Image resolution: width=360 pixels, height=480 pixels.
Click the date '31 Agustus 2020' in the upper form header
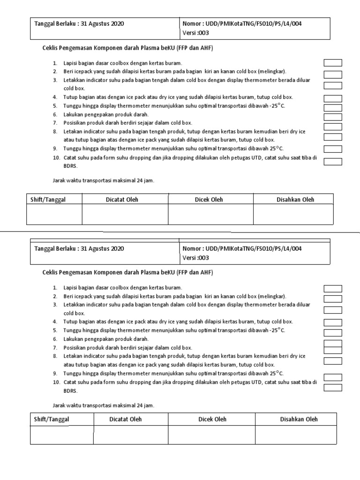pyautogui.click(x=103, y=23)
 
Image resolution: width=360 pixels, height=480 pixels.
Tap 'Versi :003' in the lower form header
pyautogui.click(x=195, y=258)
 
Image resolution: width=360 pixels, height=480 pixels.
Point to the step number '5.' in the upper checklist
pyautogui.click(x=55, y=106)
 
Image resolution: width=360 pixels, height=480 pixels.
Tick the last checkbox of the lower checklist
pyautogui.click(x=333, y=387)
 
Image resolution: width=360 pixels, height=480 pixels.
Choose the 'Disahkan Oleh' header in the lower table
pyautogui.click(x=299, y=419)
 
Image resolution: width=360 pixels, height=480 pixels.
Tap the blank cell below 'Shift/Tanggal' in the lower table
pyautogui.click(x=62, y=435)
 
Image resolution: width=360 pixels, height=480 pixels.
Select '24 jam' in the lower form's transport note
pyautogui.click(x=143, y=405)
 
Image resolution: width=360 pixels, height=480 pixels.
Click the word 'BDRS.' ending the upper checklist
pyautogui.click(x=71, y=166)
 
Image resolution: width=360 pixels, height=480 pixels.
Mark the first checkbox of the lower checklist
pyautogui.click(x=333, y=288)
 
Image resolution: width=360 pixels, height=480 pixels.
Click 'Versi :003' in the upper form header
pyautogui.click(x=195, y=33)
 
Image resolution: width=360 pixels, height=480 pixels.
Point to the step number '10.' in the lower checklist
pyautogui.click(x=55, y=382)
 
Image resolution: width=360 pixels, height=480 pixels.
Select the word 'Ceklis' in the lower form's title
pyautogui.click(x=51, y=272)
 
